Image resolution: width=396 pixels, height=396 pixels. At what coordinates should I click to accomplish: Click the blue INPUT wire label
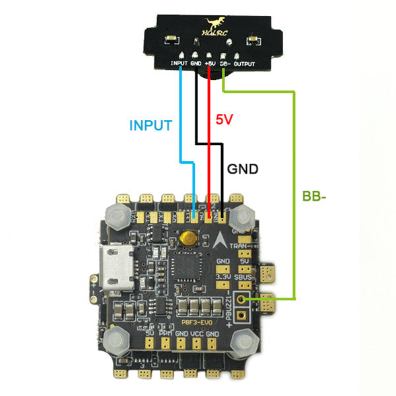click(150, 125)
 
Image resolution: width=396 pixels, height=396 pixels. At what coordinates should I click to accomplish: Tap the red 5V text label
click(225, 120)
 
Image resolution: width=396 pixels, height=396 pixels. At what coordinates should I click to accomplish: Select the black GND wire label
click(242, 169)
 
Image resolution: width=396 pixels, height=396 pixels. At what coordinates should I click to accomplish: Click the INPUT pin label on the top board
click(179, 64)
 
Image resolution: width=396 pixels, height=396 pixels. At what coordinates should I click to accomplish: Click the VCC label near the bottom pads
click(197, 334)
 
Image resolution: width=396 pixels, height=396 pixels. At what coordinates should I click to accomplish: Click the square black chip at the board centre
click(184, 267)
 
